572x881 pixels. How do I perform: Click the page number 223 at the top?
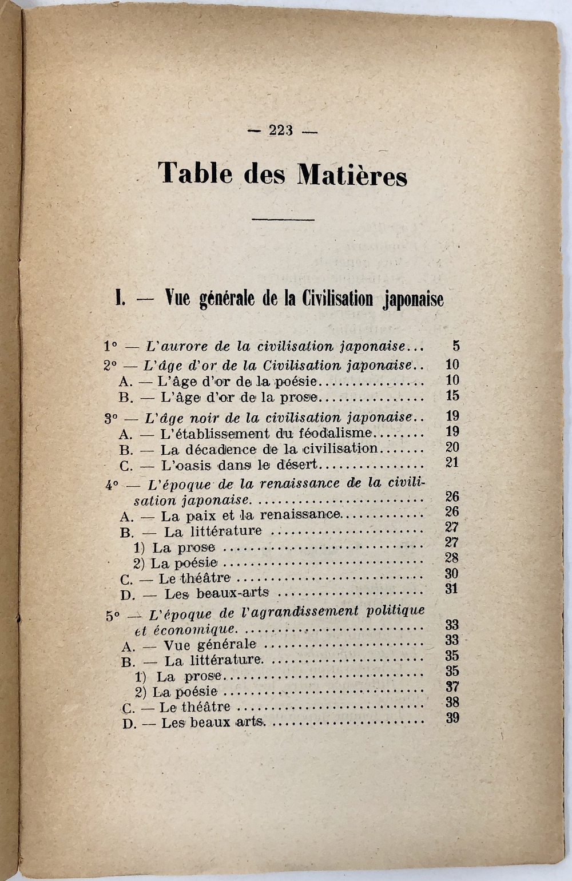coord(281,130)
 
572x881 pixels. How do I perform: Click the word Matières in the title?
coord(352,174)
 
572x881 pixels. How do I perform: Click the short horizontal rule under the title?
coord(283,219)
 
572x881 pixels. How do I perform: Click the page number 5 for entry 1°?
coord(456,346)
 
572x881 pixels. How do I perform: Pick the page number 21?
coord(452,462)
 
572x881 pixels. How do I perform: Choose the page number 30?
coord(452,574)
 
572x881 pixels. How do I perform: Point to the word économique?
coord(192,630)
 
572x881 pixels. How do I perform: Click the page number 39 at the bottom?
coord(452,718)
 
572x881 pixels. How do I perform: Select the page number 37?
coord(452,686)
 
